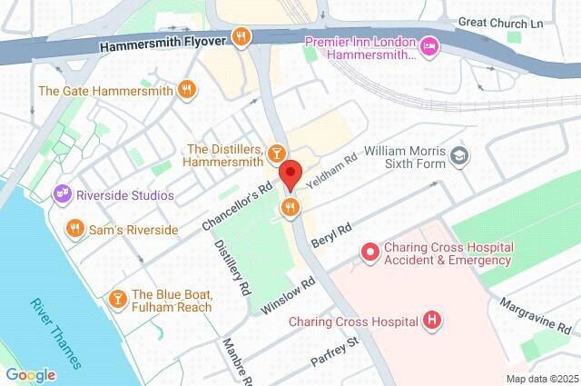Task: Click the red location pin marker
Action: [290, 173]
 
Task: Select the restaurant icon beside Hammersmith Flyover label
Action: [241, 37]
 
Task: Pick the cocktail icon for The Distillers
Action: [278, 153]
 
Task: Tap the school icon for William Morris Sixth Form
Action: [460, 156]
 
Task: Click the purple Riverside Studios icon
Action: [63, 193]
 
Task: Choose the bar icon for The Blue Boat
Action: [117, 299]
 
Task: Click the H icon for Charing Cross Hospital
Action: [433, 320]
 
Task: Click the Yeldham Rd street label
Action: [332, 169]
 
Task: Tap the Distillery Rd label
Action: [231, 269]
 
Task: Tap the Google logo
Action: [30, 374]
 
